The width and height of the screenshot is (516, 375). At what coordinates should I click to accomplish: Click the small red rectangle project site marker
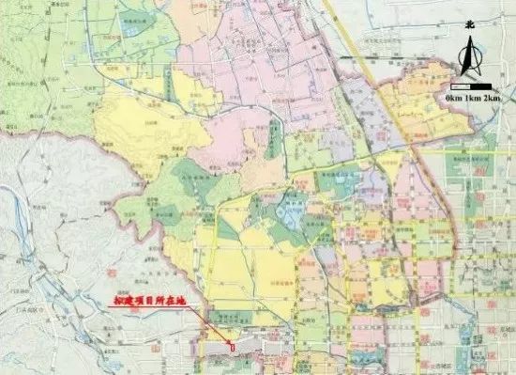[233, 347]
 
